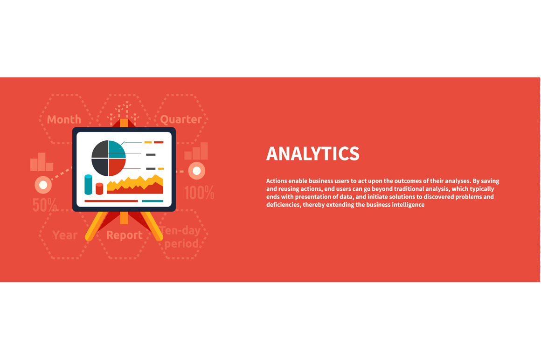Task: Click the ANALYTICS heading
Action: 312,153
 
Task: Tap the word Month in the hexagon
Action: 64,119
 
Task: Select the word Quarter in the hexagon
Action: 181,119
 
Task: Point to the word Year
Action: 65,235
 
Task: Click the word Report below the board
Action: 124,235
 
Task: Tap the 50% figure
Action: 44,205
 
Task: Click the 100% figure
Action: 199,193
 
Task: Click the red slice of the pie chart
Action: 116,166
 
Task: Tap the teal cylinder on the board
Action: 88,185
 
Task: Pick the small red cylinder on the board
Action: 99,188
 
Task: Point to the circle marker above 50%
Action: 43,185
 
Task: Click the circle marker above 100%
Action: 197,171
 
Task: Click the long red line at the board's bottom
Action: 111,201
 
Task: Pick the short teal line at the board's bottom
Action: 153,201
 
